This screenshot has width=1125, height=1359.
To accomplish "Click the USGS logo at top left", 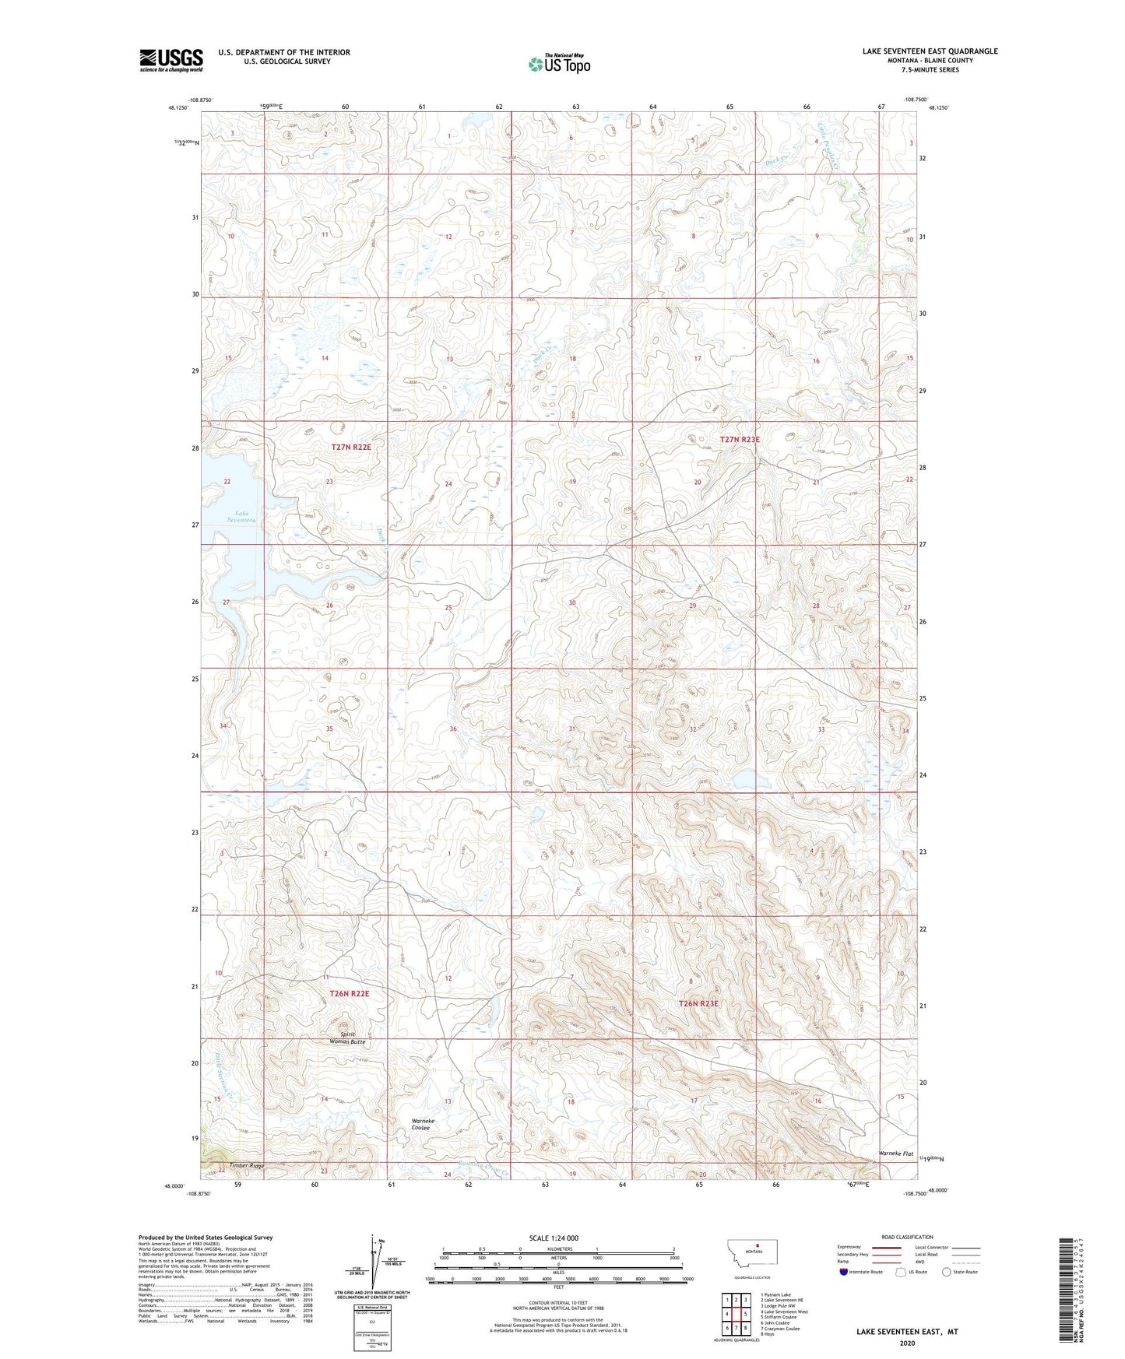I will coord(171,60).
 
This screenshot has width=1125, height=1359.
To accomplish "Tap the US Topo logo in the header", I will coord(559,64).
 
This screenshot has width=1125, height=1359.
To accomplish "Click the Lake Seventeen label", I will coord(241,516).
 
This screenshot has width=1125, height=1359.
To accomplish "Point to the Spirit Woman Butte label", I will coord(346,1038).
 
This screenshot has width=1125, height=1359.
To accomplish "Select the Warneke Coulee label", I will coord(423,1124).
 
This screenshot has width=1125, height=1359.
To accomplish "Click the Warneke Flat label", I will coord(895,1153).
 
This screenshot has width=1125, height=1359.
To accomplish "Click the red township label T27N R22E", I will coord(350,448).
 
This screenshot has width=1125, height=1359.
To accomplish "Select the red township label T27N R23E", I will coord(739,440).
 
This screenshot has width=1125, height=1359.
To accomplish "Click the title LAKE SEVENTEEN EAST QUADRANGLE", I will coord(930,51).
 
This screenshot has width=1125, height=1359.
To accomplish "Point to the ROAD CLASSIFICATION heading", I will coord(908,1237).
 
